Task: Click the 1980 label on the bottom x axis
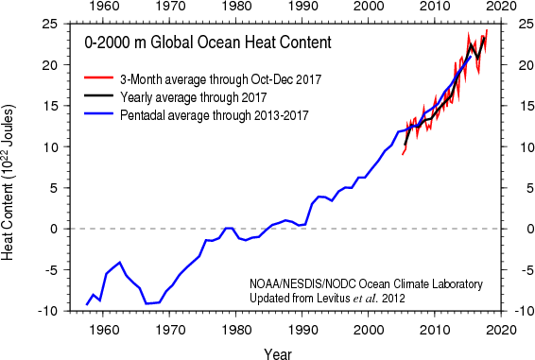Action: pyautogui.click(x=236, y=330)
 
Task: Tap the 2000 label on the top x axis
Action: pyautogui.click(x=369, y=8)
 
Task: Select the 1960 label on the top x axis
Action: pyautogui.click(x=104, y=8)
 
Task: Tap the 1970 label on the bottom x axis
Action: pyautogui.click(x=170, y=330)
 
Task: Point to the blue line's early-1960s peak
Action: pyautogui.click(x=119, y=262)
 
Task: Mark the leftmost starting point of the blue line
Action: pyautogui.click(x=87, y=304)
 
